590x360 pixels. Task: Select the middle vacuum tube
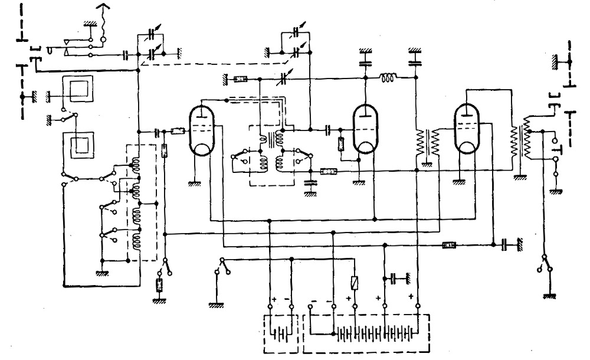click(x=363, y=131)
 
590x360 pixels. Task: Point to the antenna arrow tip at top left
click(x=106, y=6)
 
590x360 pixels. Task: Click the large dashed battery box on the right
click(x=366, y=333)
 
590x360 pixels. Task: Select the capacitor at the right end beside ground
click(x=506, y=244)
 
